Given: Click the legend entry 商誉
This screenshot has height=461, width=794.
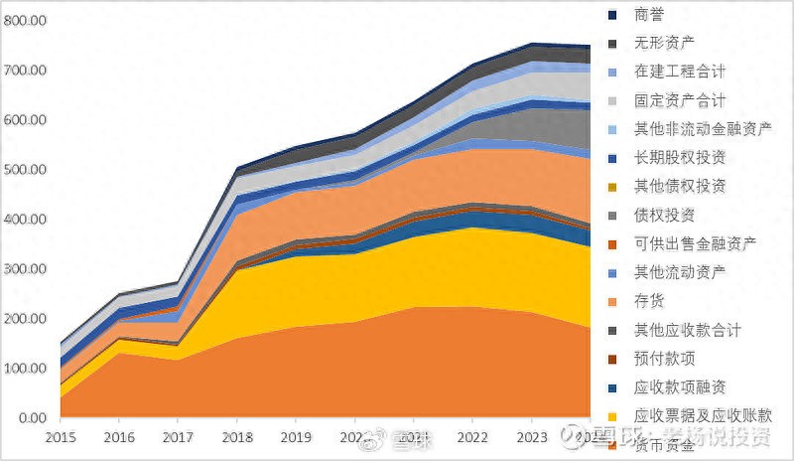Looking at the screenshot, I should pos(650,15).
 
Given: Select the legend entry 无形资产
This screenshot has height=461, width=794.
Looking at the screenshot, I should pos(664,44).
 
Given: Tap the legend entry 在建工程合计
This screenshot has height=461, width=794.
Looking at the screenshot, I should pos(679,72).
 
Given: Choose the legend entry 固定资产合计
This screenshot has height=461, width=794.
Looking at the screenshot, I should pos(679,100).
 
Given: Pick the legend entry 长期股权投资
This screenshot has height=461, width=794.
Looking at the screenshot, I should pos(679,158).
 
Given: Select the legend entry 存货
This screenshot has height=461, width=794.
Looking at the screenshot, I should pos(650,301).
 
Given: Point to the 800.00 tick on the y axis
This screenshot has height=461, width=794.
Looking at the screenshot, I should pos(26,21).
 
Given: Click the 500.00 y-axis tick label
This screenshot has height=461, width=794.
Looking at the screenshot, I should pos(26,170).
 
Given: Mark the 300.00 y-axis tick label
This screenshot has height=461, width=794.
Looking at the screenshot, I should pos(26,269).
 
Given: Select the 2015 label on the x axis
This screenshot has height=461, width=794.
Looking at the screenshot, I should pos(61,437).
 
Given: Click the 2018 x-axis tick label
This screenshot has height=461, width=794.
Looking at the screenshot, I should pos(237,437).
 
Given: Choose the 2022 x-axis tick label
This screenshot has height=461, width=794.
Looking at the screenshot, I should pos(472,437).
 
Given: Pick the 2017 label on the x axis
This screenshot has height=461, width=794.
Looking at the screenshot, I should pos(179,437).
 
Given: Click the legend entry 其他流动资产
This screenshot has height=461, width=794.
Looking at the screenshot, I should pos(679,272).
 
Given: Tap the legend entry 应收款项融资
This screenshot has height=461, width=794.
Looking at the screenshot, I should pos(679,386).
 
